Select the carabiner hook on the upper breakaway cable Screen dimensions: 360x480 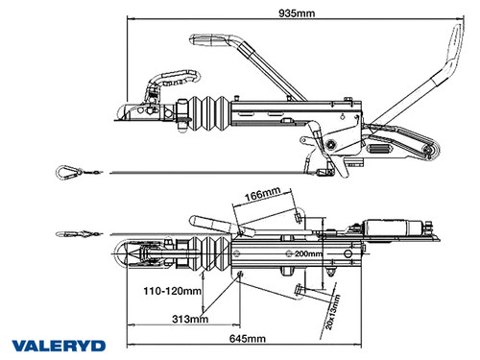coord(68,172)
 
